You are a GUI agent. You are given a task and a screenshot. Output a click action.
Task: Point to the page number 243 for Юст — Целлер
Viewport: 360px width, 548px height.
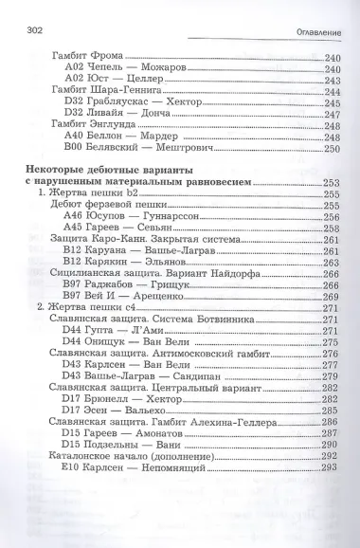pos(332,80)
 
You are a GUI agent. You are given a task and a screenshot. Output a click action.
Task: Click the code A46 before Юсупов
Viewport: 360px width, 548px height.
pos(74,216)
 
